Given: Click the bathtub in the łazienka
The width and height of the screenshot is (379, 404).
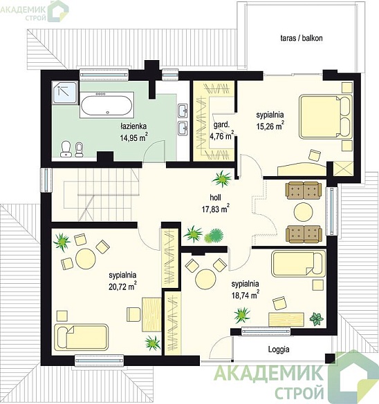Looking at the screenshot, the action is pyautogui.click(x=107, y=105).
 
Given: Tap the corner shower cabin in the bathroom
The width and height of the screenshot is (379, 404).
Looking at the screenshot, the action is pyautogui.click(x=64, y=93).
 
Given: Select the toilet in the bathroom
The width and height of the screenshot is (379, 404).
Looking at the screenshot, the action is pyautogui.click(x=66, y=149).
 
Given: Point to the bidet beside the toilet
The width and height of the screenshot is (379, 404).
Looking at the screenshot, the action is pyautogui.click(x=80, y=150).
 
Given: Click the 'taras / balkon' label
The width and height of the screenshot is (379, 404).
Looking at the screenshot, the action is pyautogui.click(x=302, y=38).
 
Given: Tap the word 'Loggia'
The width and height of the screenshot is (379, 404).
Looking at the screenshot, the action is pyautogui.click(x=279, y=349).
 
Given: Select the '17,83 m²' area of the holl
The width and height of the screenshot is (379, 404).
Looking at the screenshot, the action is pyautogui.click(x=215, y=209).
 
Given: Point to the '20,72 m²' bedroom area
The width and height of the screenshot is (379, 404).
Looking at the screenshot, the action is pyautogui.click(x=122, y=286).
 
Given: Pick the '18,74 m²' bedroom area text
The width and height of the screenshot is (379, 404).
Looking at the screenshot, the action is pyautogui.click(x=246, y=295).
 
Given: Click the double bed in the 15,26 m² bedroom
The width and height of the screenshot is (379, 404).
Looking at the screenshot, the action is pyautogui.click(x=326, y=117).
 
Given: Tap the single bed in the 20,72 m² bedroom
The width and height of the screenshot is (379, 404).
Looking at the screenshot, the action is pyautogui.click(x=82, y=337).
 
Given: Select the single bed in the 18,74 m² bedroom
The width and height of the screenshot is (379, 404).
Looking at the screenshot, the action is pyautogui.click(x=299, y=264).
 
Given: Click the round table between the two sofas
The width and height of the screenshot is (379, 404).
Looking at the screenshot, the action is pyautogui.click(x=304, y=212).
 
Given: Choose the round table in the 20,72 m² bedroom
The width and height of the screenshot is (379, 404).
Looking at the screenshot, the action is pyautogui.click(x=86, y=259).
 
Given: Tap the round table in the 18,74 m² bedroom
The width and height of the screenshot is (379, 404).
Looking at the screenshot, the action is pyautogui.click(x=205, y=280).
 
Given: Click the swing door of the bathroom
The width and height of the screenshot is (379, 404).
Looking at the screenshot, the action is pyautogui.click(x=154, y=151).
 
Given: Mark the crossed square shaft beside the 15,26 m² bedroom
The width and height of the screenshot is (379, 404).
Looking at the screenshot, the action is pyautogui.click(x=343, y=169).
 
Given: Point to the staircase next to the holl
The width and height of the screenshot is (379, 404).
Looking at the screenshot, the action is pyautogui.click(x=101, y=195).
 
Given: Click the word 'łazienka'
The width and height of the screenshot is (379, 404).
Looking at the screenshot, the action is pyautogui.click(x=133, y=126).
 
